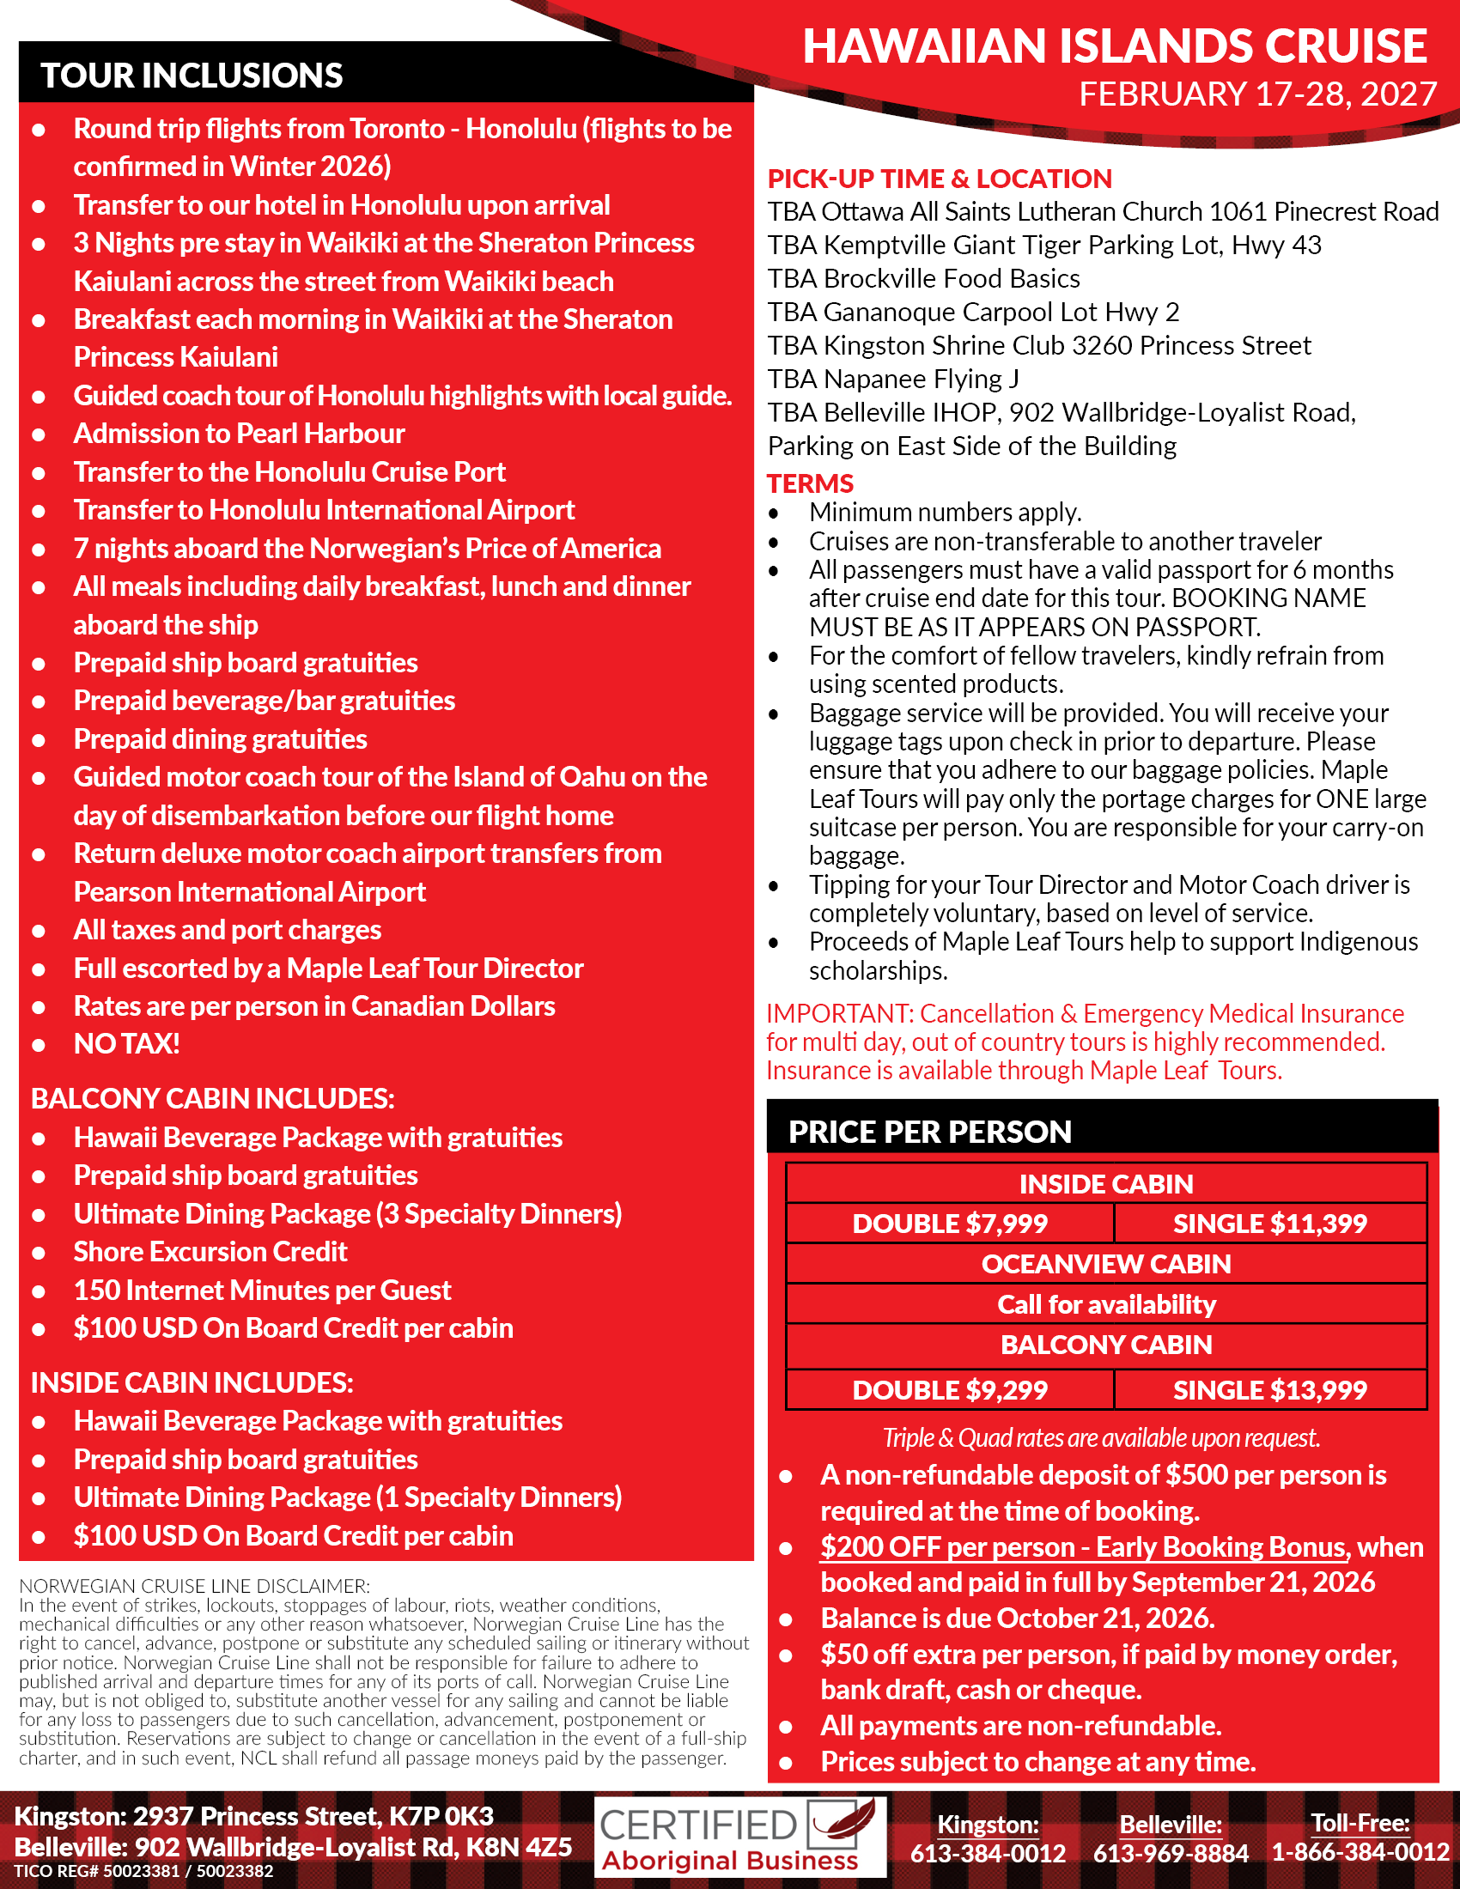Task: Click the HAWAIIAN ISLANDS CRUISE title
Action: click(1114, 46)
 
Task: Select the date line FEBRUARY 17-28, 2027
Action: click(1256, 94)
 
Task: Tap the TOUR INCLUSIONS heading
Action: click(192, 76)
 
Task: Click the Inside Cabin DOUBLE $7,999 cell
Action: click(950, 1224)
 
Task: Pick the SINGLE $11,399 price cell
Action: click(1269, 1224)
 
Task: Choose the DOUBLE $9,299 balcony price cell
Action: click(950, 1390)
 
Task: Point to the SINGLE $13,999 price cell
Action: click(1269, 1390)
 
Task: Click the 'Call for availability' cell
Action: click(1106, 1304)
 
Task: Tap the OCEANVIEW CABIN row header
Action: click(1106, 1264)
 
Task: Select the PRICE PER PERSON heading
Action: click(930, 1133)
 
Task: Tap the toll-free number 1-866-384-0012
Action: click(1360, 1853)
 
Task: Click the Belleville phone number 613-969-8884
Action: click(1171, 1853)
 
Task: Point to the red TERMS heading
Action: click(810, 483)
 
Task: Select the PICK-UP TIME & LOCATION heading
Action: click(940, 179)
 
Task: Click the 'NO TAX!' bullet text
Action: click(126, 1044)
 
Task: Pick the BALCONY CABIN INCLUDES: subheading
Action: click(213, 1098)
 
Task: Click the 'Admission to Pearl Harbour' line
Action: click(239, 434)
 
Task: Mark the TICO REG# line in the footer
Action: click(143, 1871)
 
